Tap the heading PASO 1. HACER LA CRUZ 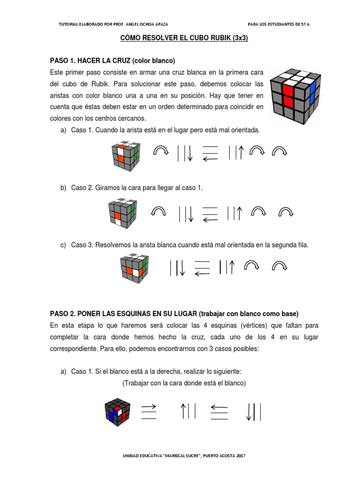(90, 60)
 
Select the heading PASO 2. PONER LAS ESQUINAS (123, 314)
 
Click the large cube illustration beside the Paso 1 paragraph (295, 96)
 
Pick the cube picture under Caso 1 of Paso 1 (126, 156)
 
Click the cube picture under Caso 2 (123, 213)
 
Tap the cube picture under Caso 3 (135, 268)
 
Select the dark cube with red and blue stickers (118, 412)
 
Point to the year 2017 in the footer (241, 456)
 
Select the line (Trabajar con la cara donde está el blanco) (184, 383)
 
